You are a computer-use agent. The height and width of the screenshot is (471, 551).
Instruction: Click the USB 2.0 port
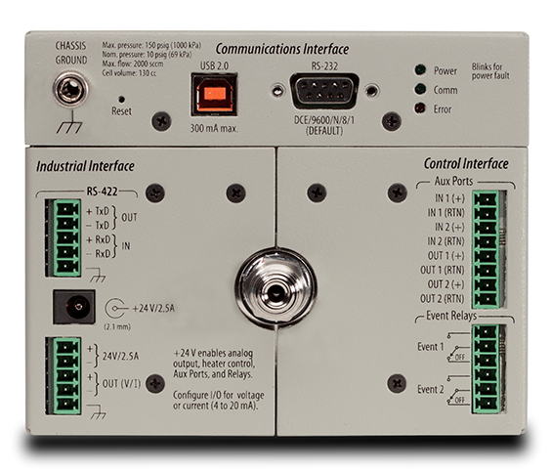click(x=214, y=94)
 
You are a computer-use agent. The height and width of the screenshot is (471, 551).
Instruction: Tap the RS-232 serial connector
click(x=324, y=91)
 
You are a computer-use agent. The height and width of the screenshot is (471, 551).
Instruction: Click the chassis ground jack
click(x=70, y=88)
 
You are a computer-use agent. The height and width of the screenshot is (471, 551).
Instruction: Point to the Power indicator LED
click(x=420, y=70)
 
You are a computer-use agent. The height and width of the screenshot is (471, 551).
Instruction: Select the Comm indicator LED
click(x=420, y=89)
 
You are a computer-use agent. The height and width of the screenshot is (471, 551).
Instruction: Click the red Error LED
click(x=419, y=108)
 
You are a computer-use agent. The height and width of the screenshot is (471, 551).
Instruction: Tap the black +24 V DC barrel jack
click(x=74, y=307)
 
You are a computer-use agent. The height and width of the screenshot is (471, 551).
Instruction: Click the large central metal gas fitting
click(x=275, y=289)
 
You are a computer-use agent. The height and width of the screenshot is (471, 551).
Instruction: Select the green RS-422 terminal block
click(x=64, y=238)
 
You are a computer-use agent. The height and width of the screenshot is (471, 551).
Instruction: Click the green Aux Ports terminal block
click(x=487, y=249)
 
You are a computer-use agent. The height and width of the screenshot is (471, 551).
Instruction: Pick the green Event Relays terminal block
click(x=487, y=369)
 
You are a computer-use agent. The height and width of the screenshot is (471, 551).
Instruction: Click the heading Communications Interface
click(x=282, y=49)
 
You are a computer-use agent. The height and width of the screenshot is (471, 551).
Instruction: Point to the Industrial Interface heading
click(x=85, y=166)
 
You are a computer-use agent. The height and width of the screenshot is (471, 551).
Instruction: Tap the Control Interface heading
click(x=466, y=163)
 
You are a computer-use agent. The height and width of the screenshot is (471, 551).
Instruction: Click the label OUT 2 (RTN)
click(x=442, y=299)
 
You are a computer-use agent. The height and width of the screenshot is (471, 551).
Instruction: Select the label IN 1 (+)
click(x=449, y=198)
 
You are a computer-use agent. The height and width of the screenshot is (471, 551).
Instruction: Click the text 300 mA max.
click(x=214, y=128)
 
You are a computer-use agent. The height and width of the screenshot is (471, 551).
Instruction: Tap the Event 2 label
click(x=431, y=390)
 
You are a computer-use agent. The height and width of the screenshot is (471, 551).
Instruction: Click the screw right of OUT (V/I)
click(x=155, y=383)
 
